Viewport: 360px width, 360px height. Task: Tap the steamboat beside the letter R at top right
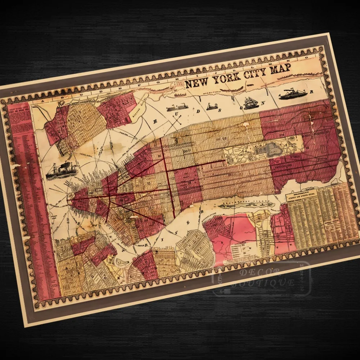tap(293, 94)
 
